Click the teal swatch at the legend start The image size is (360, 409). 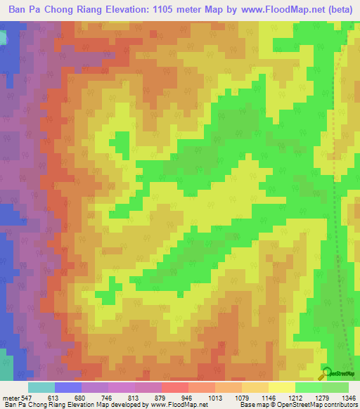(x=41, y=387)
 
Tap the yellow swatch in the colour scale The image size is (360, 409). (x=281, y=387)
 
